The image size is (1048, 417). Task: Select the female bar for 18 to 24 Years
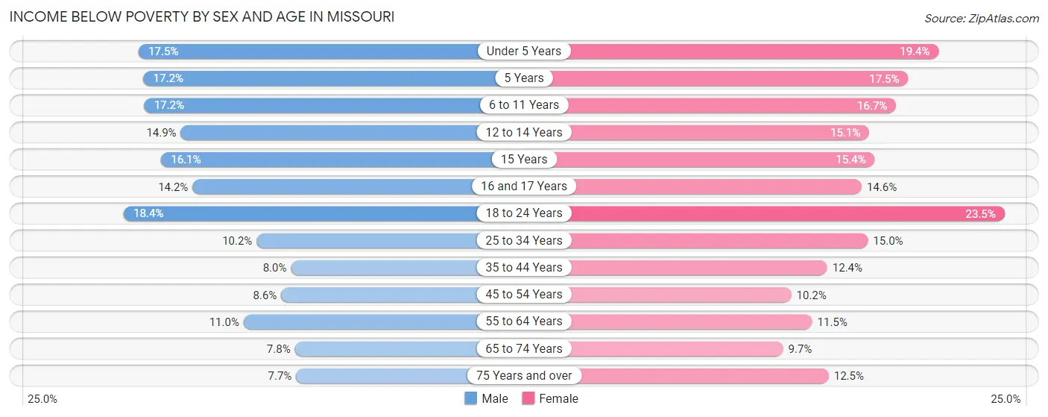pyautogui.click(x=783, y=213)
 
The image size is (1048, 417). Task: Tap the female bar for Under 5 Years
pyautogui.click(x=745, y=51)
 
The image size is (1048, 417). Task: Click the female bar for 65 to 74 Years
pyautogui.click(x=671, y=348)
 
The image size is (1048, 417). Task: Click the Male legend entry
pyautogui.click(x=486, y=398)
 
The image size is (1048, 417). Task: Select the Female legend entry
pyautogui.click(x=549, y=398)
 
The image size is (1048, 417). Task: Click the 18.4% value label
pyautogui.click(x=148, y=213)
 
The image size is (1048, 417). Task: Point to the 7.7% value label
pyautogui.click(x=280, y=375)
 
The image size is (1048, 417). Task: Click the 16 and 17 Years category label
pyautogui.click(x=524, y=186)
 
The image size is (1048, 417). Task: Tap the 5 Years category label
pyautogui.click(x=524, y=78)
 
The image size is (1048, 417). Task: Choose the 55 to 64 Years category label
pyautogui.click(x=524, y=322)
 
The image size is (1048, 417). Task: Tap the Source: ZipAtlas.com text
pyautogui.click(x=981, y=18)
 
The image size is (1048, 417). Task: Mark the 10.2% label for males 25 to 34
pyautogui.click(x=238, y=240)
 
